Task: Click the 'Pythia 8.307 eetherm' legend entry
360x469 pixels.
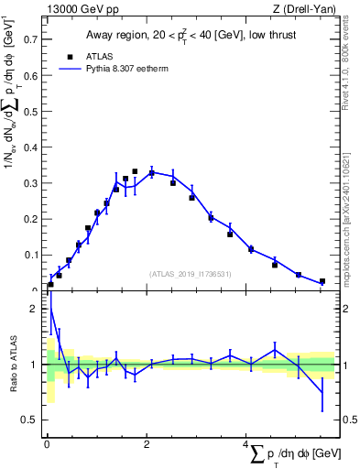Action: click(x=118, y=68)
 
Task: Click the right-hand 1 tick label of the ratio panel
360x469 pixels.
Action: click(x=345, y=365)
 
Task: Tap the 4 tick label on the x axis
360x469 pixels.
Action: click(x=245, y=444)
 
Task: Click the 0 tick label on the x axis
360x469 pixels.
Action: click(x=47, y=444)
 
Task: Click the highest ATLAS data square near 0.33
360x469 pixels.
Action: click(x=135, y=171)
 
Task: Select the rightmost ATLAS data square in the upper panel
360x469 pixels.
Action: click(x=322, y=281)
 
